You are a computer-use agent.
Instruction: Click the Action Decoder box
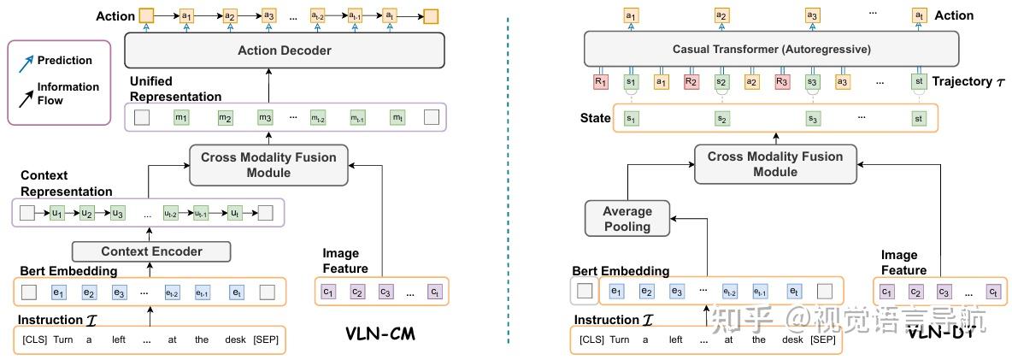[x=284, y=50]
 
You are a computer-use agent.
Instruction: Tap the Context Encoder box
[x=152, y=251]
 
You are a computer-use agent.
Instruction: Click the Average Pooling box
[x=627, y=218]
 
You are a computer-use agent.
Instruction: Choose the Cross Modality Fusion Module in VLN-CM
[x=268, y=165]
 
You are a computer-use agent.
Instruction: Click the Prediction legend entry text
[x=64, y=61]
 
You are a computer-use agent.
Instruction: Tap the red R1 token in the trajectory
[x=600, y=82]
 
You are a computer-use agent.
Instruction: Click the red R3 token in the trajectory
[x=781, y=82]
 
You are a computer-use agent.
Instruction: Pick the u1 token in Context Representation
[x=57, y=213]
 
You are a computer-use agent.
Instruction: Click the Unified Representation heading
[x=175, y=89]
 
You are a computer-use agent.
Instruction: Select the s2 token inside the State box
[x=721, y=118]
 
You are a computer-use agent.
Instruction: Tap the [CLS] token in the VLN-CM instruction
[x=33, y=339]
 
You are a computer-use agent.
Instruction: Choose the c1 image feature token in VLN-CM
[x=327, y=293]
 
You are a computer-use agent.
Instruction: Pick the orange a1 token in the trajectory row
[x=661, y=82]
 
